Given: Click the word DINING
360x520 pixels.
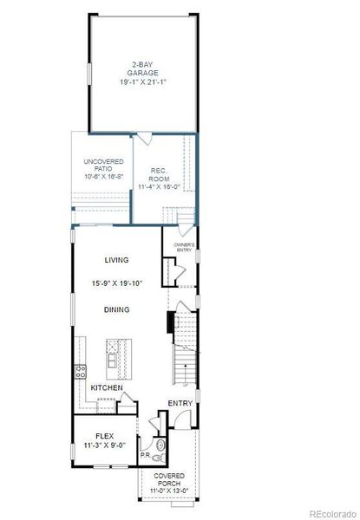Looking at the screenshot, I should pyautogui.click(x=117, y=309).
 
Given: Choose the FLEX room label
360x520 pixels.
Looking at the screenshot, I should pyautogui.click(x=104, y=436).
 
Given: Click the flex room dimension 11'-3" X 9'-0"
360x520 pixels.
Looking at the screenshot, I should pyautogui.click(x=105, y=447).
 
